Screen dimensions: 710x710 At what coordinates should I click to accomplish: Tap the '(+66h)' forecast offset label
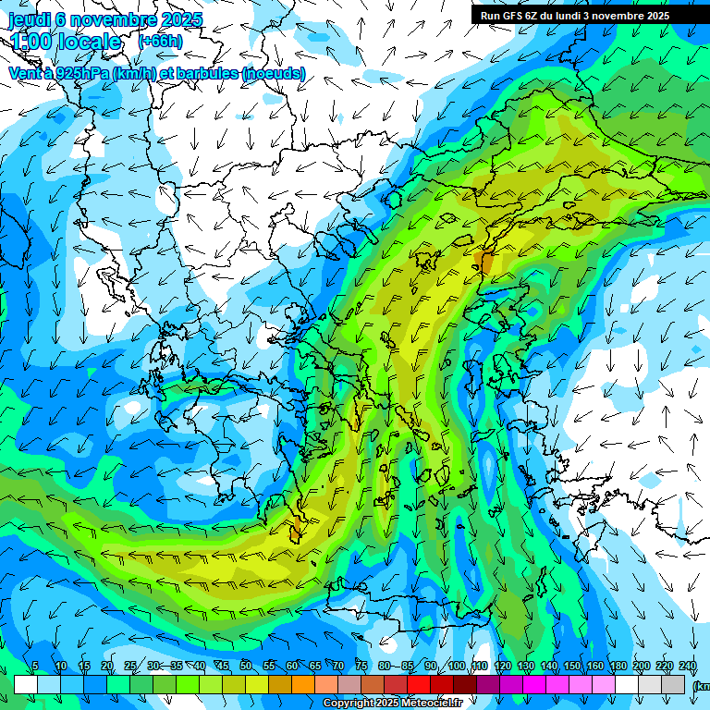click(x=160, y=42)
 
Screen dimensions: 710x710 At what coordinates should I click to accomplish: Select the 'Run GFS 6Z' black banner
click(x=582, y=15)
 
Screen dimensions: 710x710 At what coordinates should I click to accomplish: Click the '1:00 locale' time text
click(x=67, y=42)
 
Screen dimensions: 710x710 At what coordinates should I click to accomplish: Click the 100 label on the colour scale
click(x=457, y=667)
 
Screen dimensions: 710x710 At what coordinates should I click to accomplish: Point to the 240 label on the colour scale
click(x=687, y=667)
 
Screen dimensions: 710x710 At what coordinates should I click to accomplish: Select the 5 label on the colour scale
click(x=35, y=667)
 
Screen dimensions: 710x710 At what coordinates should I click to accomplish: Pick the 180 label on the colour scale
click(x=616, y=667)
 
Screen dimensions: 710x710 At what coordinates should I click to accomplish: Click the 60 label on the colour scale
click(x=292, y=667)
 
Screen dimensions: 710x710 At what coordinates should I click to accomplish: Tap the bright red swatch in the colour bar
click(x=419, y=684)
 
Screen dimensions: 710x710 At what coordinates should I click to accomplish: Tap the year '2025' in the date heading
click(x=182, y=19)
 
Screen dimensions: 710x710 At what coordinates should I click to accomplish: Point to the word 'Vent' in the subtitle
click(x=26, y=73)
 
